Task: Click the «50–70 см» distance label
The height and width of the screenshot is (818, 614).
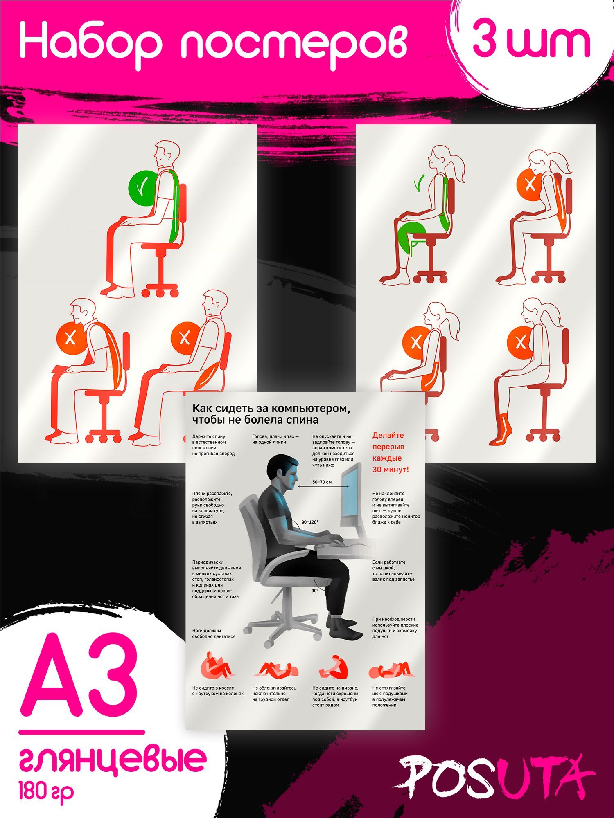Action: point(322,482)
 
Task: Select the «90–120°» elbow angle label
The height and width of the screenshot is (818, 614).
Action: point(309,522)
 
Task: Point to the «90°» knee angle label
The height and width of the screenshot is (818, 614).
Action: point(314,591)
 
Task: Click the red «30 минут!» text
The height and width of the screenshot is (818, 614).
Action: point(391,470)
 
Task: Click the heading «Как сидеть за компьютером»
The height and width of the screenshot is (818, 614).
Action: point(272,409)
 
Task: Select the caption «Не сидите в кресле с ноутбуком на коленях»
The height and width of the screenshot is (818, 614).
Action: point(218,690)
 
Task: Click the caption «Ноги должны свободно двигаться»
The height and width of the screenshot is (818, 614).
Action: point(214,633)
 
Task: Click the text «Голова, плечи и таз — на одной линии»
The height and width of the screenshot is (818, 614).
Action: point(275,439)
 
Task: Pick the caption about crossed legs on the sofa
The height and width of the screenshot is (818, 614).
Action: point(335,696)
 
